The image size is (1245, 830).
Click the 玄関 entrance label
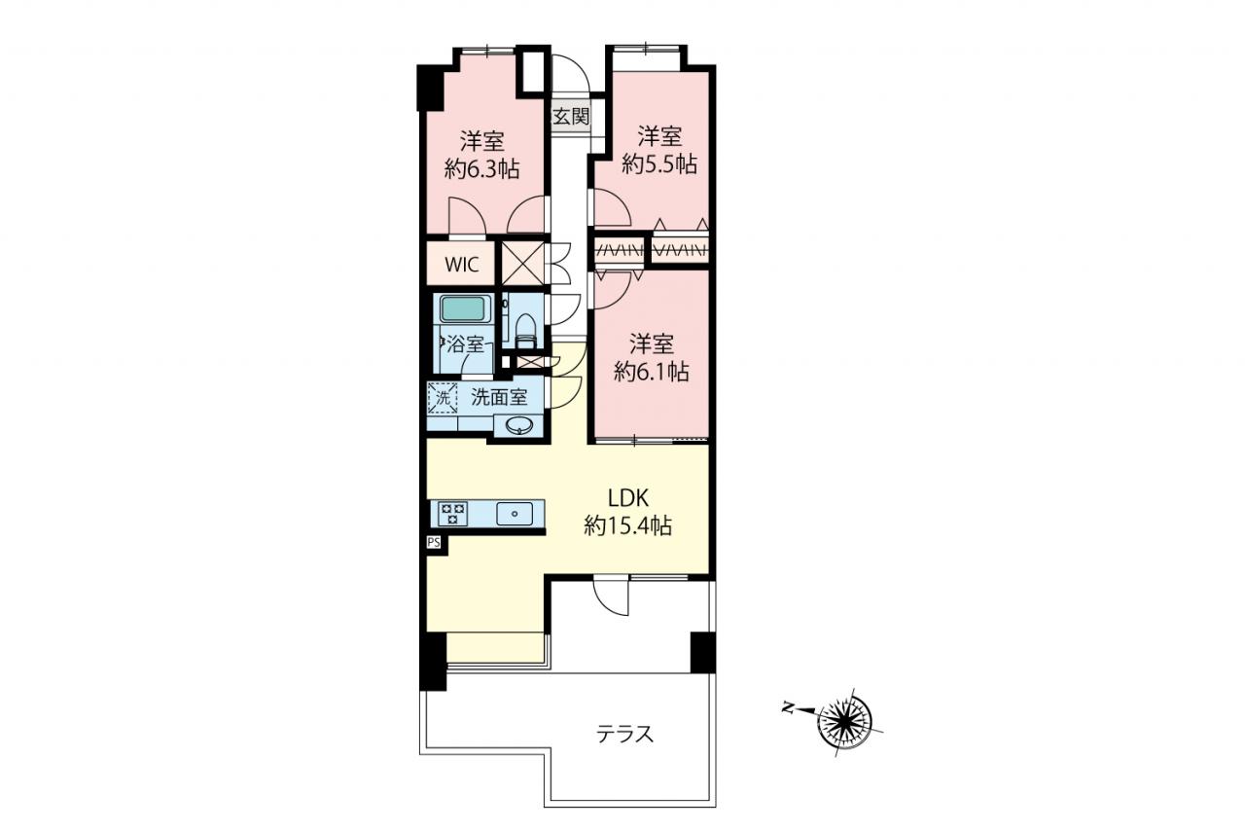[x=571, y=117]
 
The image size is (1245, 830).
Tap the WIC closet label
[x=462, y=265]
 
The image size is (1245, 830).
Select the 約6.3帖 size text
[x=482, y=168]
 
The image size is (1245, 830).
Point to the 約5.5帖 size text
[x=659, y=163]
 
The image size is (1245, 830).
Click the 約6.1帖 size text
[x=652, y=372]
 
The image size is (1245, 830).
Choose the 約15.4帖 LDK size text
[x=628, y=525]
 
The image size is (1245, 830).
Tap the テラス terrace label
[x=624, y=735]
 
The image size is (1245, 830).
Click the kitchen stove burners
[x=452, y=513]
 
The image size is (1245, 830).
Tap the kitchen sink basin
[x=515, y=513]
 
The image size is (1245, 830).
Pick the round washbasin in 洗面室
[x=519, y=426]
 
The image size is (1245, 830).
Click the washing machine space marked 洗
[x=443, y=398]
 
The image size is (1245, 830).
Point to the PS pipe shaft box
[x=434, y=542]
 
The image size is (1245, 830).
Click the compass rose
[x=845, y=721]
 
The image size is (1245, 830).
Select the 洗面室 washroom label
[x=499, y=398]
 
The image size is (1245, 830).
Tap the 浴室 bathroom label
[x=465, y=344]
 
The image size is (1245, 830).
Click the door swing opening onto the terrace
[x=611, y=596]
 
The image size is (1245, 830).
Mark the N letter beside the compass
[x=787, y=708]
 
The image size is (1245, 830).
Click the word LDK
[x=628, y=498]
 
